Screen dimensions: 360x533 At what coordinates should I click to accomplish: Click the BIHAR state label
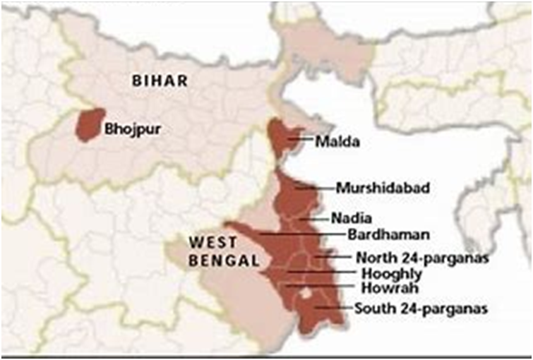click(160, 81)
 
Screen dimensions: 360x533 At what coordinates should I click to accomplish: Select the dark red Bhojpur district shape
click(90, 124)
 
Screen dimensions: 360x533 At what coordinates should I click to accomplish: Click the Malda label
click(337, 141)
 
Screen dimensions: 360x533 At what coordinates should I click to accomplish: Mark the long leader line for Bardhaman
click(304, 233)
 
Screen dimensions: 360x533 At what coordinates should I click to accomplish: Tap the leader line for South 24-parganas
click(332, 308)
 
